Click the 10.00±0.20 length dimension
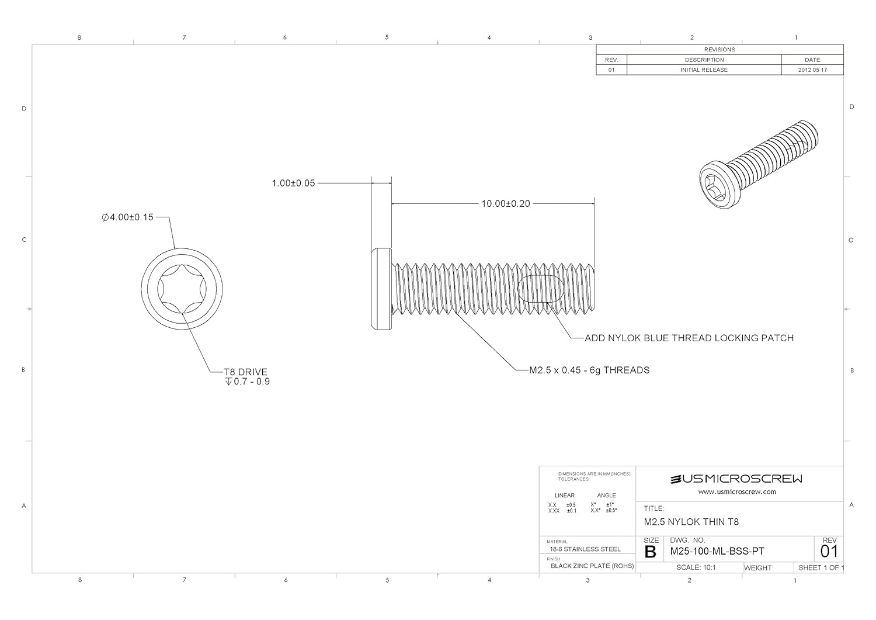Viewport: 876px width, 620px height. [505, 204]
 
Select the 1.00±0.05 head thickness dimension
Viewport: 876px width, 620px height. [293, 183]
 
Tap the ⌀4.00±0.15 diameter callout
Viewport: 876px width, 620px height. [127, 217]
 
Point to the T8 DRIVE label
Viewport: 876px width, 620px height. [246, 372]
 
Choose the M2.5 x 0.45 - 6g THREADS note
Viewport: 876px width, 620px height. [589, 370]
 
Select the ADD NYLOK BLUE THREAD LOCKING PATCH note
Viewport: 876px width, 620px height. [689, 338]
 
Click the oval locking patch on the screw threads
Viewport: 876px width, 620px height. [541, 289]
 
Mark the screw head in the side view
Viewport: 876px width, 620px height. [381, 289]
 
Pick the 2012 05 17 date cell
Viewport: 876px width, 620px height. [812, 70]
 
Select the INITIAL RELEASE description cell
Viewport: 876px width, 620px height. [704, 70]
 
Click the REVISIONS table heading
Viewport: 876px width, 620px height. [719, 50]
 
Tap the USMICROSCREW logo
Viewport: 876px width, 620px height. [736, 479]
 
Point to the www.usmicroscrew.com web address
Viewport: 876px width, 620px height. [737, 492]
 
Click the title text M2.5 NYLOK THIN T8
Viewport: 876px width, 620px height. [691, 522]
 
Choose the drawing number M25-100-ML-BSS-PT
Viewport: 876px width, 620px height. [717, 552]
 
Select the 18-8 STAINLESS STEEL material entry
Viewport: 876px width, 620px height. [577, 549]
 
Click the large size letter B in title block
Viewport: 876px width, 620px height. [650, 552]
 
